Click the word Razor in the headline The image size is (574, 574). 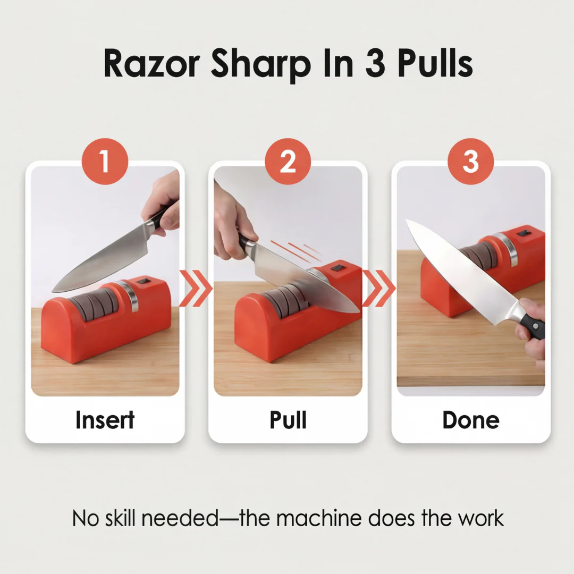(151, 64)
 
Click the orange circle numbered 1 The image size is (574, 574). (105, 162)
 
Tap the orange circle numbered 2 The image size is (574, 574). (288, 162)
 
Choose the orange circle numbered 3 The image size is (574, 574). (471, 162)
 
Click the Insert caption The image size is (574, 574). (105, 420)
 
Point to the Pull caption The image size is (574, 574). (288, 420)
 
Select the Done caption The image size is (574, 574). (471, 420)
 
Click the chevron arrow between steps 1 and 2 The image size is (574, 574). (196, 288)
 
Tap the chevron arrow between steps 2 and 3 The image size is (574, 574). (379, 288)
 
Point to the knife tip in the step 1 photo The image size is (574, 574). (54, 291)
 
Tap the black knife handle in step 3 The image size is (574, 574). (533, 325)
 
